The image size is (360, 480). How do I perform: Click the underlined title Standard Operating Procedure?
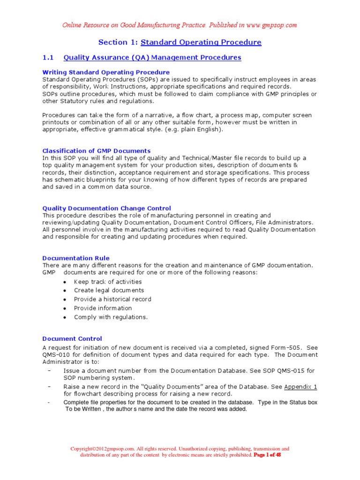[201, 42]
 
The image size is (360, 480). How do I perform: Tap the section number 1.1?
[48, 58]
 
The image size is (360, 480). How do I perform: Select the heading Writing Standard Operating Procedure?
[106, 72]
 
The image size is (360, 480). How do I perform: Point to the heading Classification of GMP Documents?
[97, 151]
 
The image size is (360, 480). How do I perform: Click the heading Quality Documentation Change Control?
[107, 208]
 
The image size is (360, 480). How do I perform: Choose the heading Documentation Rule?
[76, 258]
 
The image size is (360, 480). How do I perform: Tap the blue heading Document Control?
[72, 338]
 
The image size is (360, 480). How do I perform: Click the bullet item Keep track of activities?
[108, 282]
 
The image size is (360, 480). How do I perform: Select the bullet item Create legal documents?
[109, 291]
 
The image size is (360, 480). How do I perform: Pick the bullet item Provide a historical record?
[112, 299]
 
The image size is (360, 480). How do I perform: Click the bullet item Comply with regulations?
[111, 317]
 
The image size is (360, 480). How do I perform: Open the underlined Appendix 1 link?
[301, 387]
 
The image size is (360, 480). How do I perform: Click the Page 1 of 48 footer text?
[267, 455]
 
